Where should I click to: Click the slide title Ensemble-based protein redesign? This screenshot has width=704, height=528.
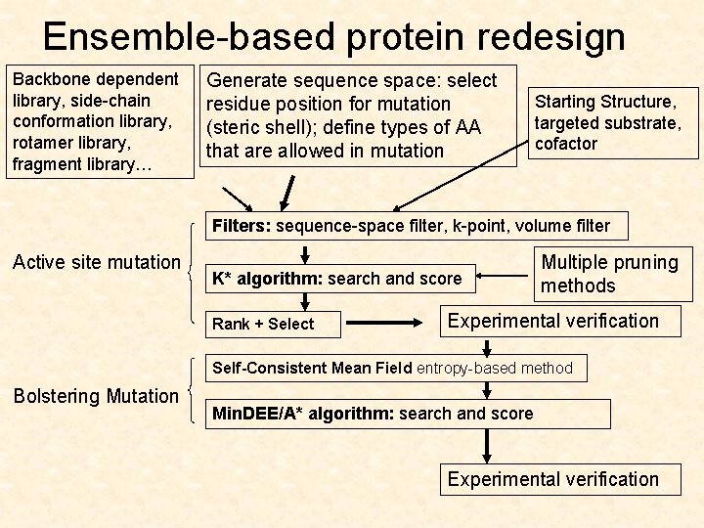[x=333, y=37]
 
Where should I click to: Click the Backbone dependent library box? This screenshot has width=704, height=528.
[x=96, y=121]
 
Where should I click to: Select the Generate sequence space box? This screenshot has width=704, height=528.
[x=357, y=115]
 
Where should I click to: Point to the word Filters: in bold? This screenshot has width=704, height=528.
[x=242, y=227]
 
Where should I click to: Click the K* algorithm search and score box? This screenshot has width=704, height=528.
[x=340, y=279]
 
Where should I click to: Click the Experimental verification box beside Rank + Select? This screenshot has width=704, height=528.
[x=552, y=321]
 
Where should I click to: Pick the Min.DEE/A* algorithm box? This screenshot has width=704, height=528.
[x=410, y=414]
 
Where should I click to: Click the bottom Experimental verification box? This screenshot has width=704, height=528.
[x=552, y=479]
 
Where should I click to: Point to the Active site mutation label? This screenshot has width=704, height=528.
[x=96, y=262]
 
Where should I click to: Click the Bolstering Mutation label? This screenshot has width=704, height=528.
[x=96, y=396]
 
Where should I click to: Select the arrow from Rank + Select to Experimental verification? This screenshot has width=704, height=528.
[x=385, y=321]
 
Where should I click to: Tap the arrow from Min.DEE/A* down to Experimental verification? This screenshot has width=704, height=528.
[x=486, y=445]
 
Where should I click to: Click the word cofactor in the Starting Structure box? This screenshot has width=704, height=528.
[x=565, y=144]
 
